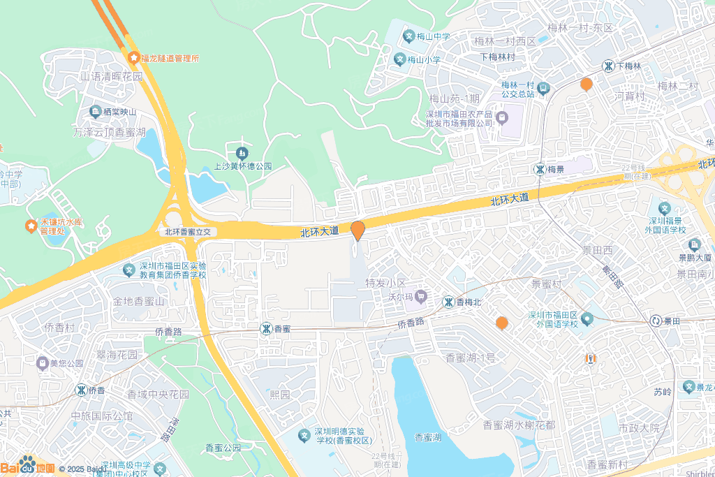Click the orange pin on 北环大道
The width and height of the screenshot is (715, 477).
pos(357,230)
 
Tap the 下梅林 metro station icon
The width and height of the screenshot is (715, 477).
pos(609,66)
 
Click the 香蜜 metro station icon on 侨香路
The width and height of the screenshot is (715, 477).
pos(266,328)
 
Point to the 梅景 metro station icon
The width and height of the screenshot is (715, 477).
pos(540,169)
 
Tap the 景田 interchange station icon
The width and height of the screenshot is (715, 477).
pos(656,321)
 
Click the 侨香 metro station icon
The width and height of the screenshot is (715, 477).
pos(81,390)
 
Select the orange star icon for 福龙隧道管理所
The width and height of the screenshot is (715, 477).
pos(133,58)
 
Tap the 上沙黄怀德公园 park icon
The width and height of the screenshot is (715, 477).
pos(242,152)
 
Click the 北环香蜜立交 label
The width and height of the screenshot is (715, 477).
pos(192,231)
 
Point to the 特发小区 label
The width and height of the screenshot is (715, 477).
pos(386,284)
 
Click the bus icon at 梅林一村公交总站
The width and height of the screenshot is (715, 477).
pos(544,88)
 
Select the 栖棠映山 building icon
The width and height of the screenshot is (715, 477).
pos(95,112)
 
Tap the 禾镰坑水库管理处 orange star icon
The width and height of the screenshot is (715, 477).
pos(31,226)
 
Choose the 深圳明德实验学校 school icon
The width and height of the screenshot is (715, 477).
pos(304,435)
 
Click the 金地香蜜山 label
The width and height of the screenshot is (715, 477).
pos(138,302)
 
